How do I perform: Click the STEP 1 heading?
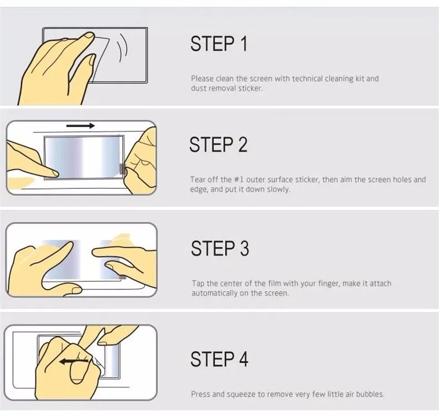click(219, 44)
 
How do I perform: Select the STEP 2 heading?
click(218, 144)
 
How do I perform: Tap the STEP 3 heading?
click(220, 248)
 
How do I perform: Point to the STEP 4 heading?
click(219, 359)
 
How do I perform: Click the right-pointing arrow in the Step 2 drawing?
click(81, 126)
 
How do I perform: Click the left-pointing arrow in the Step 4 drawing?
click(73, 362)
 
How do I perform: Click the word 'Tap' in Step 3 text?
click(198, 284)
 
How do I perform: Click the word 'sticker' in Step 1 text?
click(250, 88)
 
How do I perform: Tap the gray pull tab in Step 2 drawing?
click(122, 169)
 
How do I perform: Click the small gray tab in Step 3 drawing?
click(123, 277)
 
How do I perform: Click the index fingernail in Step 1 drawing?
click(89, 36)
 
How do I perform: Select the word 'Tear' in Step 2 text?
click(197, 179)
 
